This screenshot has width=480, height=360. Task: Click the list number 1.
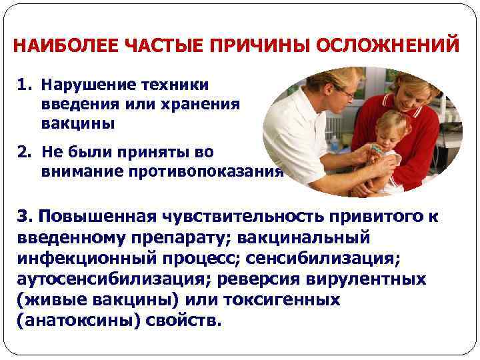click(25, 85)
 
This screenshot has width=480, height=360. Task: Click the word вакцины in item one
click(78, 124)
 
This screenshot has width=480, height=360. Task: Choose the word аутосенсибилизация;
click(107, 279)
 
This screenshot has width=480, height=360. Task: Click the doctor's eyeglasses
click(345, 93)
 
